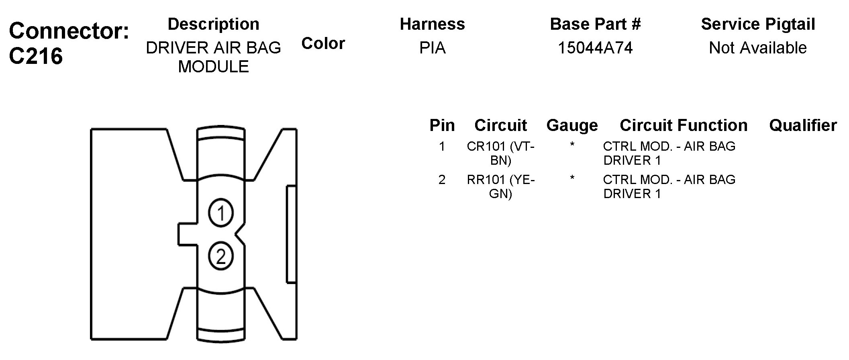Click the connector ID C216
[x=36, y=56]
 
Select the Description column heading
[x=213, y=24]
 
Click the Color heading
[x=323, y=43]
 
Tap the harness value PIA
[x=432, y=48]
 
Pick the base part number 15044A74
[x=595, y=48]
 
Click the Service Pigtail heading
[x=758, y=24]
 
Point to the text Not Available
[x=758, y=48]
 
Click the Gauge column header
[x=572, y=125]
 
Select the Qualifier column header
[x=803, y=125]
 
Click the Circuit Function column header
[x=684, y=125]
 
